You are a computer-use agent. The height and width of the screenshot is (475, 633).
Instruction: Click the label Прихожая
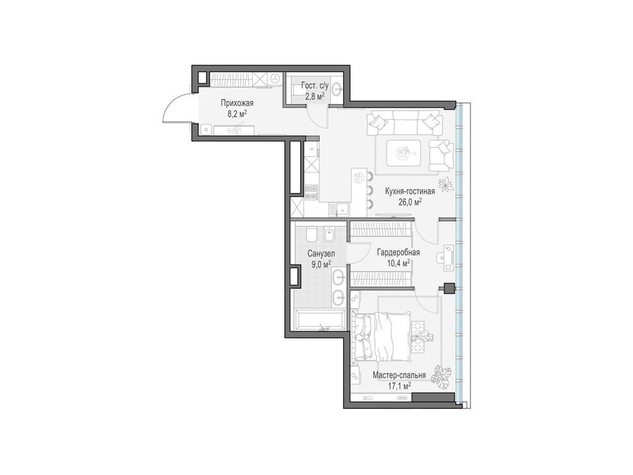(x=237, y=103)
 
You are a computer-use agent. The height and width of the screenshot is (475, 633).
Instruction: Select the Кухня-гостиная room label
(x=410, y=191)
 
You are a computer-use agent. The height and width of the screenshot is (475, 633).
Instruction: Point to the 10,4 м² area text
(x=399, y=263)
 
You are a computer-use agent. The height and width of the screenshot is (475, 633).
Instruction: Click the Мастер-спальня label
(x=399, y=375)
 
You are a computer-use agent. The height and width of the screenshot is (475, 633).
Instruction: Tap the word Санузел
(x=321, y=253)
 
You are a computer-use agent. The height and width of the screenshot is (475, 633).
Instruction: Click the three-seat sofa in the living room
(x=405, y=122)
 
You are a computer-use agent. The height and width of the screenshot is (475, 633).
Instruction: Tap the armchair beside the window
(x=440, y=155)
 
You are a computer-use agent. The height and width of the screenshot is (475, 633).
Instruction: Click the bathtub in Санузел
(x=320, y=320)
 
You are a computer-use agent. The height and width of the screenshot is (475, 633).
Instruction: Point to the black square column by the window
(x=449, y=288)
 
